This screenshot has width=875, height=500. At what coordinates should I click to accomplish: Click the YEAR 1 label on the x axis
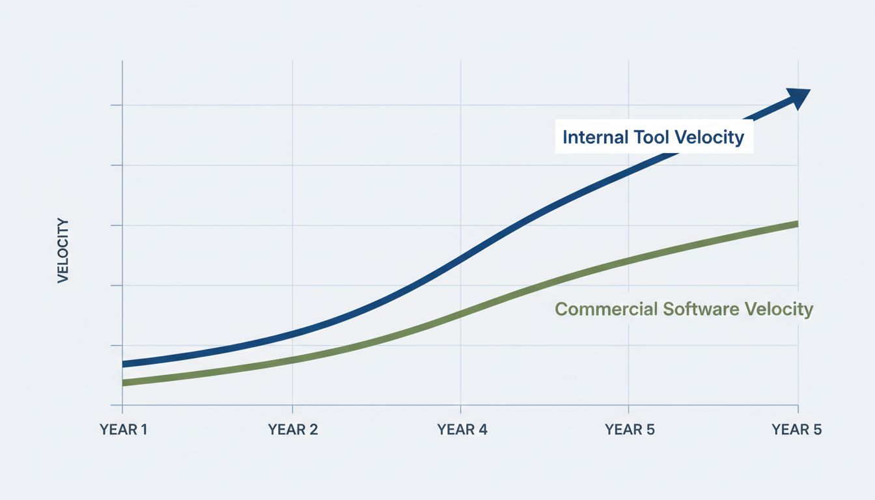[x=124, y=430]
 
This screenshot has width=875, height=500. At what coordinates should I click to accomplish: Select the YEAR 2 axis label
[x=293, y=430]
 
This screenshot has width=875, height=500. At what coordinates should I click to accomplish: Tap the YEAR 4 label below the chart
[x=462, y=430]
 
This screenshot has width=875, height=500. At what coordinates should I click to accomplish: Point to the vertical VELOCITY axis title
[x=63, y=251]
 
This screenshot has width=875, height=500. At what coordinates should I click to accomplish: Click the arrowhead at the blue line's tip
[x=799, y=98]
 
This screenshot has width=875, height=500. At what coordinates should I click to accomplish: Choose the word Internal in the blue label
[x=596, y=137]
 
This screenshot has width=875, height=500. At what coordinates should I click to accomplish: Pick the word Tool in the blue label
[x=652, y=137]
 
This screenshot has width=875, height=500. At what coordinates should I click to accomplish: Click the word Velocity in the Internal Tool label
[x=709, y=137]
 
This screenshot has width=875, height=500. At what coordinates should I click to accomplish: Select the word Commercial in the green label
[x=606, y=309]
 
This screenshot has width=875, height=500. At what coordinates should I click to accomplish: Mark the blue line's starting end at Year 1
[x=124, y=364]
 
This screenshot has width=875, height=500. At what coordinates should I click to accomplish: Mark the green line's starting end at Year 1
[x=124, y=383]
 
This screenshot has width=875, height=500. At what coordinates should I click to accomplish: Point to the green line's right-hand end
[x=796, y=224]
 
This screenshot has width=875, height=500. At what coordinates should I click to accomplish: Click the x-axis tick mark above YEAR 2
[x=292, y=408]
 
